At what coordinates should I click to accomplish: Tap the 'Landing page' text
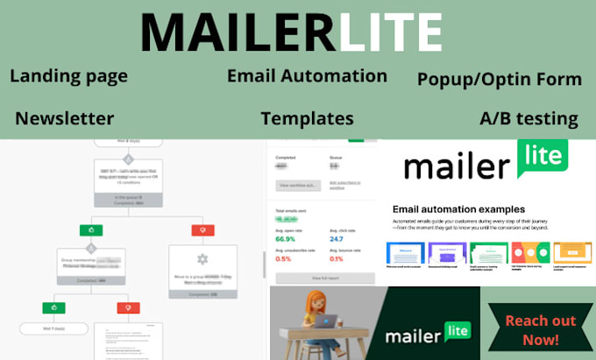[68, 76]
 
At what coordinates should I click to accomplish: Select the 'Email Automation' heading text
[307, 75]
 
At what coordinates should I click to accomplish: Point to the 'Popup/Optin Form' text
[500, 80]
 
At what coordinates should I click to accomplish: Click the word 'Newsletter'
[64, 117]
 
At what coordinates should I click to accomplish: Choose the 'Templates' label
[307, 118]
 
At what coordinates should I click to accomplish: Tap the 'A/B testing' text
[529, 118]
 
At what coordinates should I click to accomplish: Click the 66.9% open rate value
[286, 238]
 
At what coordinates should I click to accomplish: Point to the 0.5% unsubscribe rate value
[284, 258]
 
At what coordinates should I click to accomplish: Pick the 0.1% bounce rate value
[336, 258]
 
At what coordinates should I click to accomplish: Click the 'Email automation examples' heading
[460, 209]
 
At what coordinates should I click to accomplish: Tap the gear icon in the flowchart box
[202, 259]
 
